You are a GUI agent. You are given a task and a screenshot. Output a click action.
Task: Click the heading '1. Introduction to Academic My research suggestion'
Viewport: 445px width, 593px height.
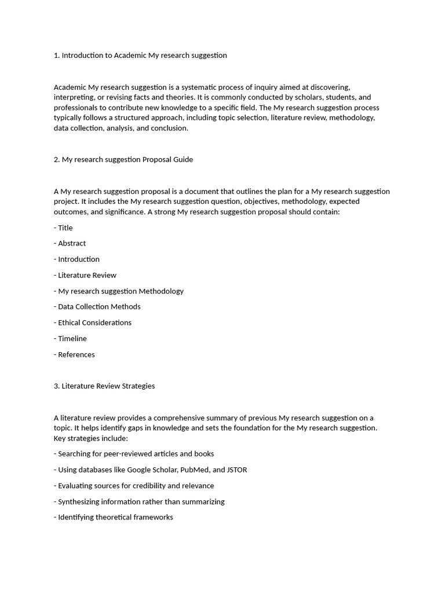click(x=140, y=56)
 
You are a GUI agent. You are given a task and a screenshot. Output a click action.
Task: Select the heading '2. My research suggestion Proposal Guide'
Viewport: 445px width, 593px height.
click(x=123, y=159)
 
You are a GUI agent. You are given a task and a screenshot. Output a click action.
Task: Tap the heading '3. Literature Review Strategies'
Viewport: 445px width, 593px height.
click(x=104, y=386)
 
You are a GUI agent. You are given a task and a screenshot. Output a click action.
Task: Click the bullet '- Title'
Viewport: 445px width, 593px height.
click(x=63, y=228)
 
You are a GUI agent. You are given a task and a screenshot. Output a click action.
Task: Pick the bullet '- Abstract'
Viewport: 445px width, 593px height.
click(x=70, y=243)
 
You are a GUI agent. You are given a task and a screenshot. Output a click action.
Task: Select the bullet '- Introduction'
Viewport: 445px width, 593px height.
click(x=76, y=259)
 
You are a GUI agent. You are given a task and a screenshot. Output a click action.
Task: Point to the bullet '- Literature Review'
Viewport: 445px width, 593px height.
click(x=85, y=275)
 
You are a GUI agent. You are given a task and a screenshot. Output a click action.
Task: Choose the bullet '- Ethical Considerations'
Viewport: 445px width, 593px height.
click(x=93, y=323)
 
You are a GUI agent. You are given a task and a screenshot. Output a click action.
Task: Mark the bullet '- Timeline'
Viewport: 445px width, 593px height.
click(x=70, y=338)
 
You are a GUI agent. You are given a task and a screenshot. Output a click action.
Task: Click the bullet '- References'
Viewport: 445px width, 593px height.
click(x=74, y=354)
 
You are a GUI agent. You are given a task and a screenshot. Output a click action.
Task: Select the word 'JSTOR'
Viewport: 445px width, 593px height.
click(x=236, y=470)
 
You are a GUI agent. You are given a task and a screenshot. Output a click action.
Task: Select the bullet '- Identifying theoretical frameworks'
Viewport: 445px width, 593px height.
click(x=114, y=517)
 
